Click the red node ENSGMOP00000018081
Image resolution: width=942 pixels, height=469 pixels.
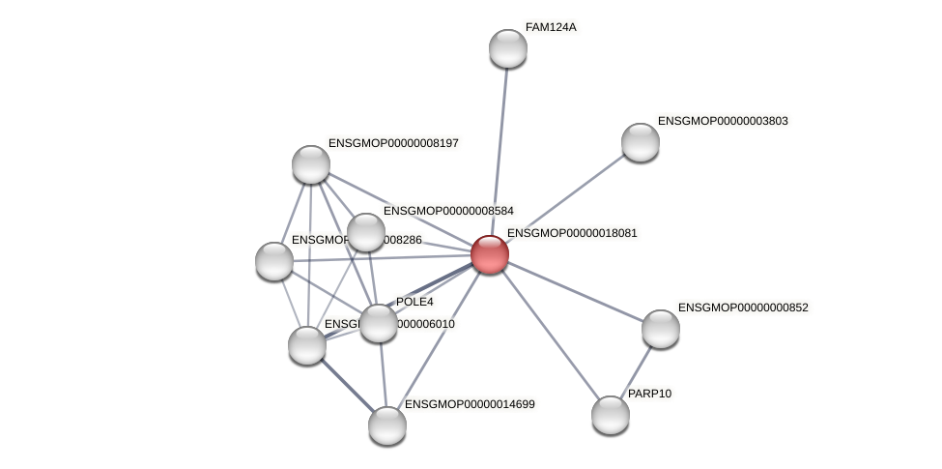pyautogui.click(x=490, y=254)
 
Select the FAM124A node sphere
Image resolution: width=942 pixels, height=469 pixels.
pyautogui.click(x=507, y=48)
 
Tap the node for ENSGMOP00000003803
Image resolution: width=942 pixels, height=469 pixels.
pyautogui.click(x=640, y=142)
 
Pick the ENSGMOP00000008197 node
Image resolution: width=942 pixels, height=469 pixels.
pyautogui.click(x=311, y=164)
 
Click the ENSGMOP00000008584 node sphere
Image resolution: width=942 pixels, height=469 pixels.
pyautogui.click(x=366, y=232)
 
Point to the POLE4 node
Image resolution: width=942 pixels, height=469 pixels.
pyautogui.click(x=379, y=323)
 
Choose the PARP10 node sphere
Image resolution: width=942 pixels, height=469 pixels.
pyautogui.click(x=610, y=415)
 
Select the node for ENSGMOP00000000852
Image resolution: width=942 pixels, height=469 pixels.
pyautogui.click(x=661, y=329)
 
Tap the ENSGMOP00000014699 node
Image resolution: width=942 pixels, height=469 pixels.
pyautogui.click(x=387, y=425)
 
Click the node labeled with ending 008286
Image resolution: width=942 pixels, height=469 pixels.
pyautogui.click(x=274, y=261)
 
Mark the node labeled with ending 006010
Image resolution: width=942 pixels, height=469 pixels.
pyautogui.click(x=307, y=345)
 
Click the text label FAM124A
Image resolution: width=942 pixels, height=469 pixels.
pyautogui.click(x=550, y=27)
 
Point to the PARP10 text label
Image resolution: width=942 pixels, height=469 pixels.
pyautogui.click(x=649, y=394)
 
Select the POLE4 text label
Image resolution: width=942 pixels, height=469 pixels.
pyautogui.click(x=414, y=302)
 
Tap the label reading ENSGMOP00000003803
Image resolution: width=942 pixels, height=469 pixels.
pyautogui.click(x=723, y=121)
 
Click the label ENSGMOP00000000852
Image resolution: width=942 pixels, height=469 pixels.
pyautogui.click(x=743, y=308)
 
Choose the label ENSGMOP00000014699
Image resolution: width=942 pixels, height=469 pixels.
pyautogui.click(x=470, y=403)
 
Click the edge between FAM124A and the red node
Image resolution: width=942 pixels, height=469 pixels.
pyautogui.click(x=499, y=150)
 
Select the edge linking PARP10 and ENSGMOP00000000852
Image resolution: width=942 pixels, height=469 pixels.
pyautogui.click(x=636, y=371)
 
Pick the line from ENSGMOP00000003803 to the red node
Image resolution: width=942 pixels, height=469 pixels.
pyautogui.click(x=565, y=198)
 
